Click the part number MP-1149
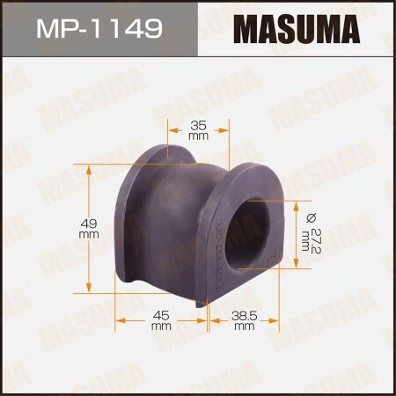[98, 30]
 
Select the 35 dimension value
[198, 124]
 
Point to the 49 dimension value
[89, 224]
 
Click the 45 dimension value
[160, 314]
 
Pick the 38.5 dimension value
[244, 314]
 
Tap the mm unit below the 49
[89, 235]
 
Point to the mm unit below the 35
[198, 136]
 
